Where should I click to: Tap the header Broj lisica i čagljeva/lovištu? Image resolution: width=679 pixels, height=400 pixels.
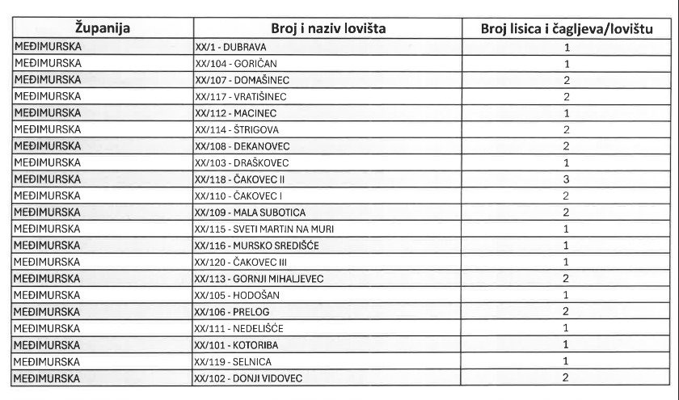coord(567,29)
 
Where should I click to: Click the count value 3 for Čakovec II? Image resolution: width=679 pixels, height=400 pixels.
coord(567,179)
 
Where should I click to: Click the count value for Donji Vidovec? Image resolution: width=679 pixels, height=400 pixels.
coord(567,377)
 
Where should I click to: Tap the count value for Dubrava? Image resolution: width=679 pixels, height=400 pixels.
coord(567,48)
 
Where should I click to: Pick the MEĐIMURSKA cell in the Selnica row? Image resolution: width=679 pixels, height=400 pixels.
coord(48,360)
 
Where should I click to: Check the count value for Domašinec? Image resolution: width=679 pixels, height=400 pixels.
coord(567,80)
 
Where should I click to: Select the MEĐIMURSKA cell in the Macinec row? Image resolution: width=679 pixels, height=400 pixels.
coord(48,113)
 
